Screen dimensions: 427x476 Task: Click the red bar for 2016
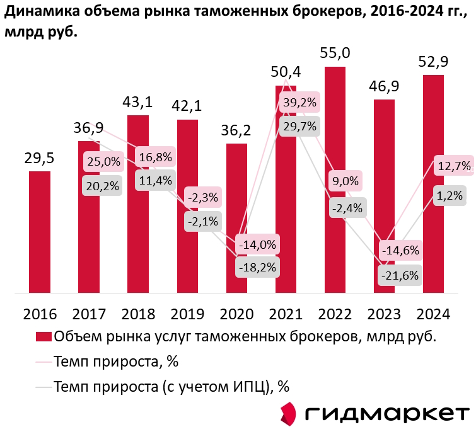coord(40,232)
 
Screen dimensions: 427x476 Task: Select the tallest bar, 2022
coord(335,179)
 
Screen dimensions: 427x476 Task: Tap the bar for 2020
coord(236,218)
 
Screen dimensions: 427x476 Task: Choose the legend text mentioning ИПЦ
coord(171,386)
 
